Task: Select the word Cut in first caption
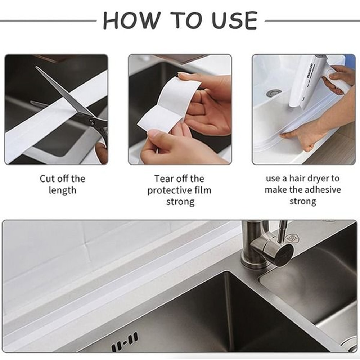[47, 179]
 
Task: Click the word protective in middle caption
[169, 190]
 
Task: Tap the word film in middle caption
[202, 190]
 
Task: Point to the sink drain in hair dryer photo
[274, 93]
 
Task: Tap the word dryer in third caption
[317, 179]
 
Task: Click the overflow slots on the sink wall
[125, 342]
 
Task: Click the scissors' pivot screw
[93, 122]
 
